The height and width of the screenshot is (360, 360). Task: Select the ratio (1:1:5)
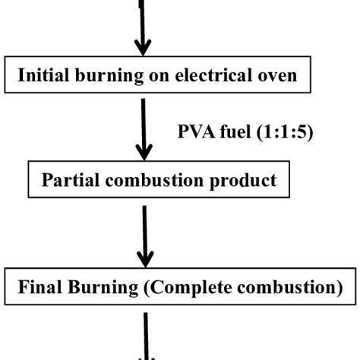tap(281, 134)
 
